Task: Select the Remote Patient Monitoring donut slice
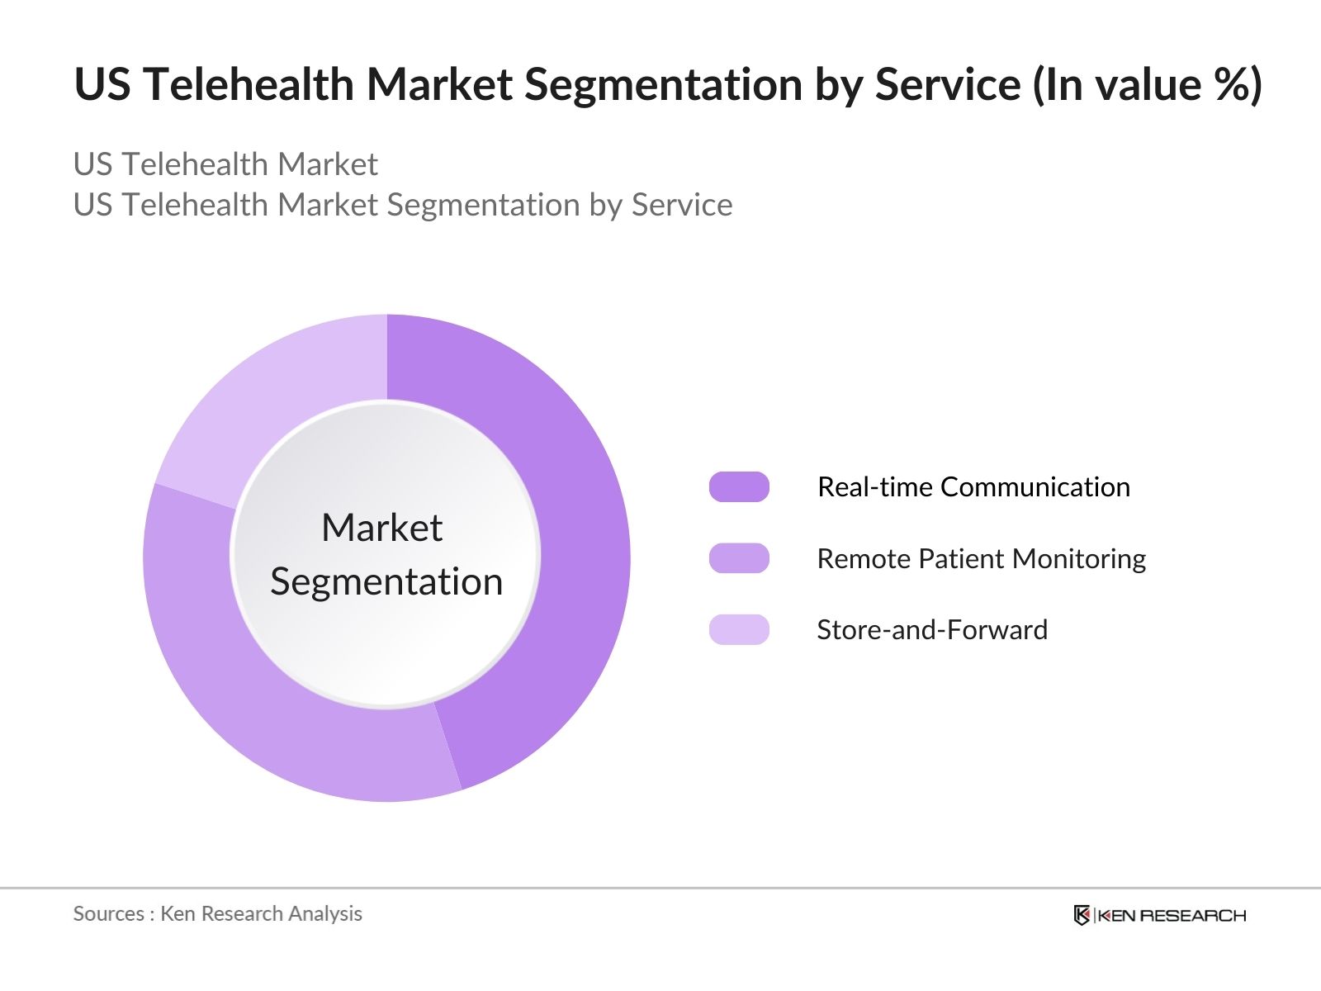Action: [x=272, y=710]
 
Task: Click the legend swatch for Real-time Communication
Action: [x=739, y=487]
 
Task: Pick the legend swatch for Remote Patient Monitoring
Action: [x=739, y=558]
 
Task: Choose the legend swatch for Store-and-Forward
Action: [x=739, y=629]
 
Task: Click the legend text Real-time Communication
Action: [x=973, y=487]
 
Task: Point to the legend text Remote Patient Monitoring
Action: [x=981, y=559]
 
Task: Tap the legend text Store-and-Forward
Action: [x=932, y=630]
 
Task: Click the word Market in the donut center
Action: [x=381, y=528]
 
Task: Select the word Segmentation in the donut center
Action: [x=386, y=582]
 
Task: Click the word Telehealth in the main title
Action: [x=249, y=84]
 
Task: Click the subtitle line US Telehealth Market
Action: [x=225, y=164]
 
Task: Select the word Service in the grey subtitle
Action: [x=682, y=205]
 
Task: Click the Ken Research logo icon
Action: [x=1082, y=915]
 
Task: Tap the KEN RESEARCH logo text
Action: [x=1172, y=915]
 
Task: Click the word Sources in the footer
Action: [x=108, y=913]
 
